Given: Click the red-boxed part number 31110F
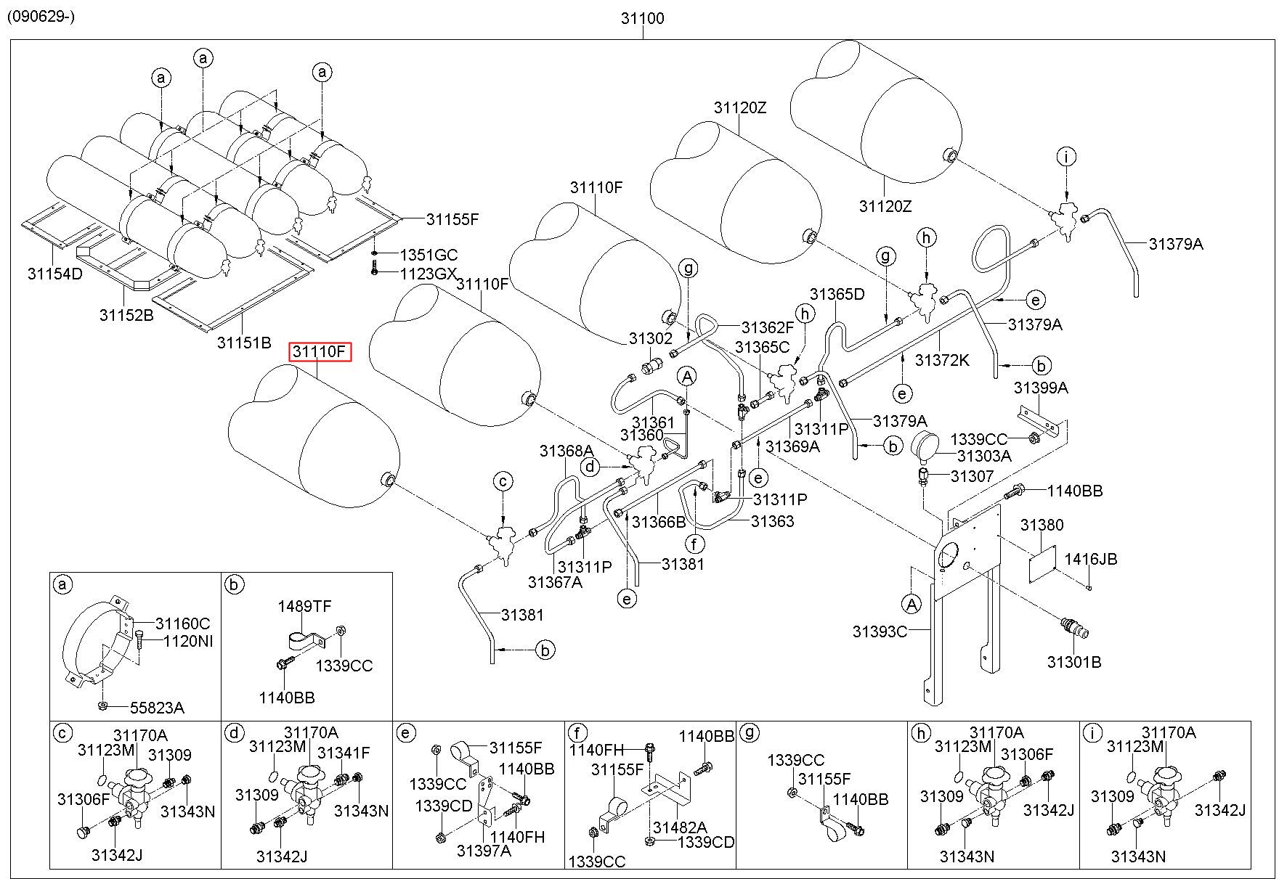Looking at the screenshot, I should tap(320, 352).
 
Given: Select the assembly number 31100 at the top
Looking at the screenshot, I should tap(642, 18).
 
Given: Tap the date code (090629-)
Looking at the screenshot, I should tap(41, 16).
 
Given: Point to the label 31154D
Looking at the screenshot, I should tap(55, 274).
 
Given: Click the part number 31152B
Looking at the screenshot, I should tap(126, 315).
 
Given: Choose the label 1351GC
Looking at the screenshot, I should tap(429, 255).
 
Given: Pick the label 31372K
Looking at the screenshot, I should tap(942, 360).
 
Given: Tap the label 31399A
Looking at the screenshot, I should tap(1041, 388).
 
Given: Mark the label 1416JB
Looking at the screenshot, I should tap(1091, 559).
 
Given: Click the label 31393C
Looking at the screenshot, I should tap(880, 631).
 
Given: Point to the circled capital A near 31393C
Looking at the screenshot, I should tap(910, 603).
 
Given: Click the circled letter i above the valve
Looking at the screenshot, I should tap(1066, 157).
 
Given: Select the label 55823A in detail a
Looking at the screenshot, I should tap(157, 708).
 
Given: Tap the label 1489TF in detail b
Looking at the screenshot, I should tap(305, 606).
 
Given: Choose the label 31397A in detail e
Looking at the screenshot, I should tap(484, 850).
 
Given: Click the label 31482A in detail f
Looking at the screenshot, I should tap(679, 827).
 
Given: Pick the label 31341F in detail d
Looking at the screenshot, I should tap(344, 753).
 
